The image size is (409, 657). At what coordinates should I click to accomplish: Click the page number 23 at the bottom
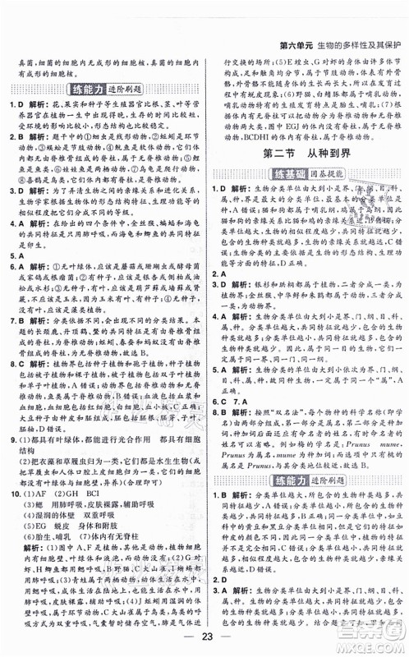coord(204,634)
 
